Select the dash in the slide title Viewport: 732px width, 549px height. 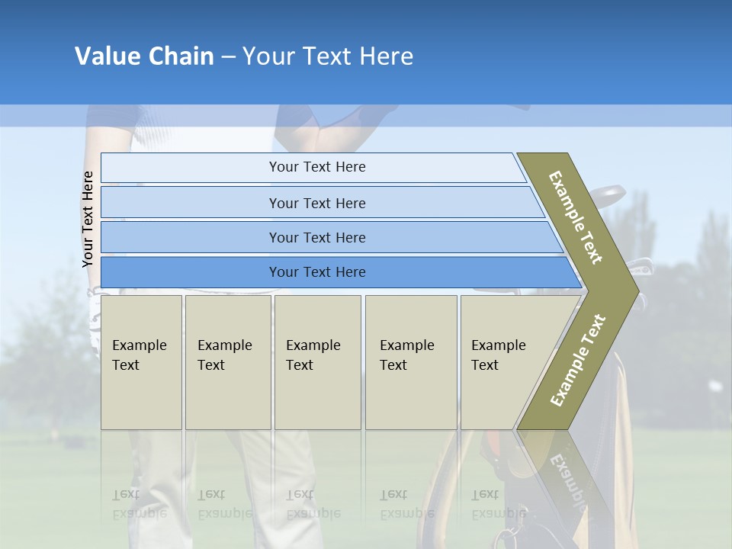pos(228,57)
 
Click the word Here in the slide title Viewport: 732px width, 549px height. pos(386,56)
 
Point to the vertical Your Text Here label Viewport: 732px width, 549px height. pos(88,219)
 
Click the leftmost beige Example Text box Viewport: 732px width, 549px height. pos(141,362)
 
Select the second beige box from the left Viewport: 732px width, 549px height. pos(228,362)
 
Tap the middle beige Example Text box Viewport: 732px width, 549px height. pos(317,362)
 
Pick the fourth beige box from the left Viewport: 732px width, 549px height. pos(411,362)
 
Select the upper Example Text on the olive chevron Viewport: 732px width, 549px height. pos(575,217)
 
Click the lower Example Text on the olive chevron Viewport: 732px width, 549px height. pos(577,361)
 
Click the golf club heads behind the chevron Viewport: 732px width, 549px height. pos(610,197)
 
